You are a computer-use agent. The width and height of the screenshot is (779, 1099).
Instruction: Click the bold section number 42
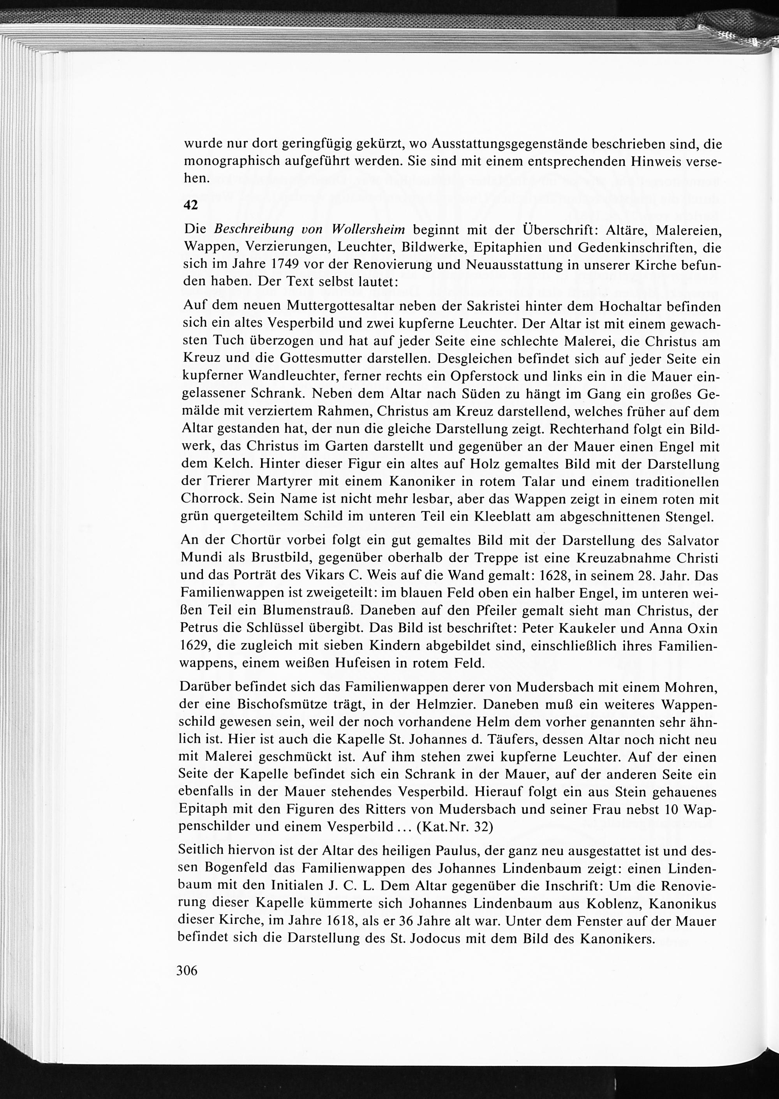coord(191,205)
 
